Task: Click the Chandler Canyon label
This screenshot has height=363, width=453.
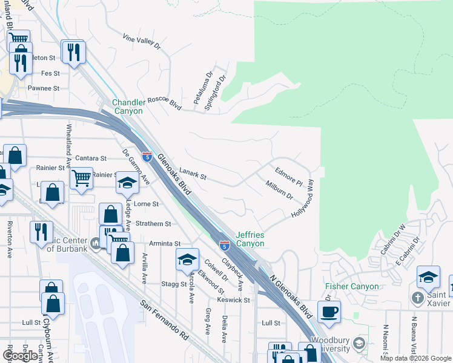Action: pos(128,107)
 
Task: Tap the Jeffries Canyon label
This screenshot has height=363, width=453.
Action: pos(250,239)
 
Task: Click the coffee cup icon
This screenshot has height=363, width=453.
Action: pos(329,312)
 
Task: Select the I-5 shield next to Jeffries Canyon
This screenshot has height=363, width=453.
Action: pos(224,245)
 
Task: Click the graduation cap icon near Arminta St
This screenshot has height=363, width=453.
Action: pos(188,259)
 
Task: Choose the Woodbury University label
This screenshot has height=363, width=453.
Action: pos(329,345)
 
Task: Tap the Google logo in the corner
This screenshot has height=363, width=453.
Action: pos(20,356)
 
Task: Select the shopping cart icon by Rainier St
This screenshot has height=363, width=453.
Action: pos(82,178)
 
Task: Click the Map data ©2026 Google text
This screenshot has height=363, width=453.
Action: pos(415,358)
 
